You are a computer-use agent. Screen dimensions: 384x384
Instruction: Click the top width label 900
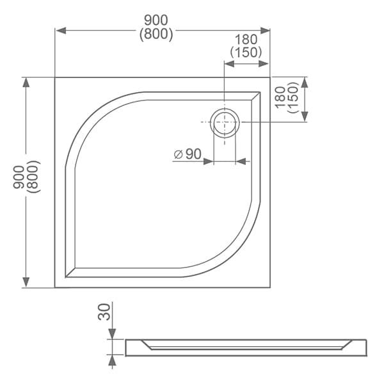[156, 20]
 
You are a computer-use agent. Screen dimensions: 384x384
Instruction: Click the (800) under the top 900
[156, 34]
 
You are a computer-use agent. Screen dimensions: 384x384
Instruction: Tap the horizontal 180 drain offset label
[246, 40]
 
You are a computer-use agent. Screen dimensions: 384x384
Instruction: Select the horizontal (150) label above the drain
[246, 52]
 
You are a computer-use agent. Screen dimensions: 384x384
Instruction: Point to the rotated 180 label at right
[280, 97]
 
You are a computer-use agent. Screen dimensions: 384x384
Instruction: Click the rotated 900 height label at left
[19, 177]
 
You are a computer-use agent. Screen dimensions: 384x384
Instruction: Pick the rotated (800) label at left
[33, 177]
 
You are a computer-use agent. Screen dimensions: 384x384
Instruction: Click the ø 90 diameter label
[188, 154]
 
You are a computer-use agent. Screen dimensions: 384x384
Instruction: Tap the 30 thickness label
[104, 312]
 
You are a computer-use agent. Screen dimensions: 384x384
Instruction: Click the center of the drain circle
[225, 122]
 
